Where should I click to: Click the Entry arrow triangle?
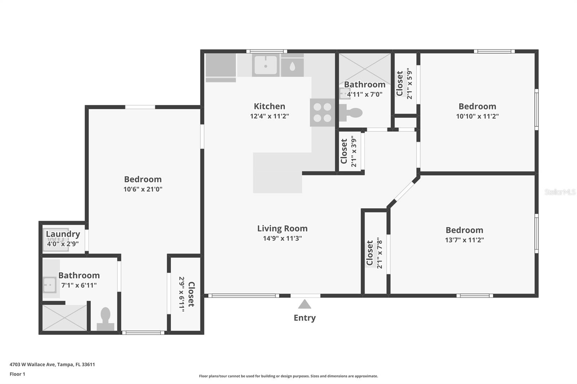click(304, 304)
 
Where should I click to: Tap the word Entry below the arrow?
click(305, 318)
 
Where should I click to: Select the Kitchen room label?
click(269, 106)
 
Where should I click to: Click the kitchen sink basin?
click(265, 65)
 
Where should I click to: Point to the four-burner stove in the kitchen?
click(322, 112)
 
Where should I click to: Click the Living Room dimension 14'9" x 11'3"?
click(282, 238)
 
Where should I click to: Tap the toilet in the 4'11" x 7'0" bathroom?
click(351, 113)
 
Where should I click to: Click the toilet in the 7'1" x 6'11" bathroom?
click(105, 319)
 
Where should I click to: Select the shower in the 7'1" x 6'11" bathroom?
click(65, 318)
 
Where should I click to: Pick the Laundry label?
click(63, 234)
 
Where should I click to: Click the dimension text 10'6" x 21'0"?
click(143, 189)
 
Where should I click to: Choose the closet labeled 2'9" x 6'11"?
click(186, 294)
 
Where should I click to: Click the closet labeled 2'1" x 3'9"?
click(349, 151)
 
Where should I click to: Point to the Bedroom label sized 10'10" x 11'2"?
click(477, 106)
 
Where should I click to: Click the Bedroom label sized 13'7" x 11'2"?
click(464, 230)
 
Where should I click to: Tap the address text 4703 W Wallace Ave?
click(32, 365)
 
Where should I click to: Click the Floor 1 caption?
click(18, 374)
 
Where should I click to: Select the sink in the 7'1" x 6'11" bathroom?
click(49, 285)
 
